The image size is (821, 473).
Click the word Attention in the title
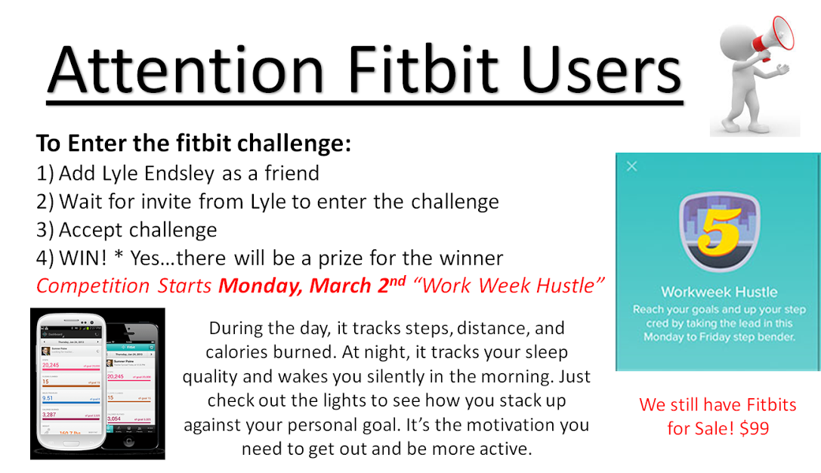click(175, 69)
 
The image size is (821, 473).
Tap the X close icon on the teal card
click(632, 166)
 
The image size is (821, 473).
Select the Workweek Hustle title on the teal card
click(718, 292)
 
